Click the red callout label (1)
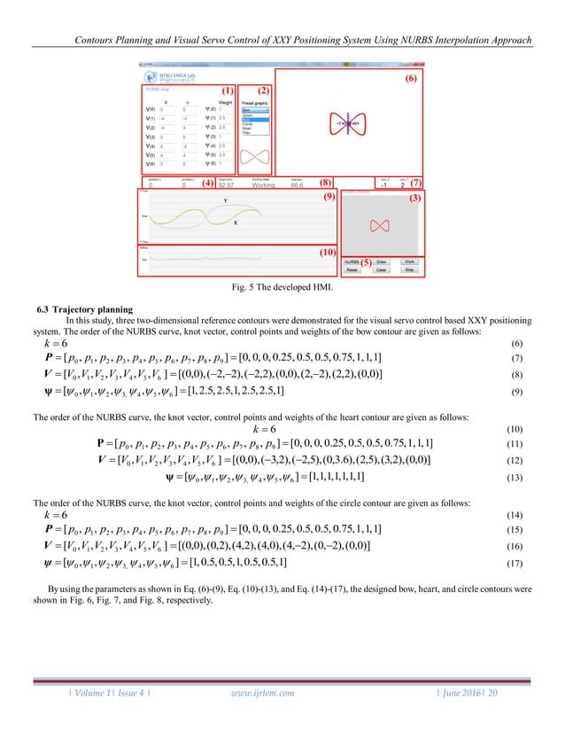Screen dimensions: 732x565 [228, 90]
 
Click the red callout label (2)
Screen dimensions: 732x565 [263, 90]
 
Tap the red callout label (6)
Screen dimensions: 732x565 [409, 79]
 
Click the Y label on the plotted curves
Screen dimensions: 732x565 [225, 201]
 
